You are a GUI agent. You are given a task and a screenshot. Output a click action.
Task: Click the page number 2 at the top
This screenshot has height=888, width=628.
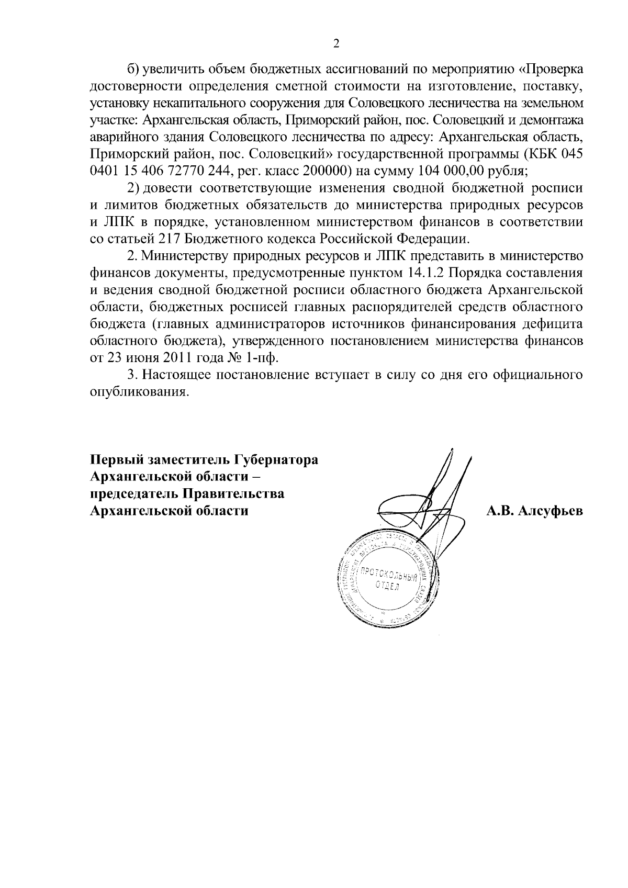pyautogui.click(x=337, y=44)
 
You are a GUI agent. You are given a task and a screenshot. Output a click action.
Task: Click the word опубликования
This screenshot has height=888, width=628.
pyautogui.click(x=138, y=392)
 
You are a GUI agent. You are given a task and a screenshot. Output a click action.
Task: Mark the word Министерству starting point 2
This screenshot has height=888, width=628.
pyautogui.click(x=185, y=256)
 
